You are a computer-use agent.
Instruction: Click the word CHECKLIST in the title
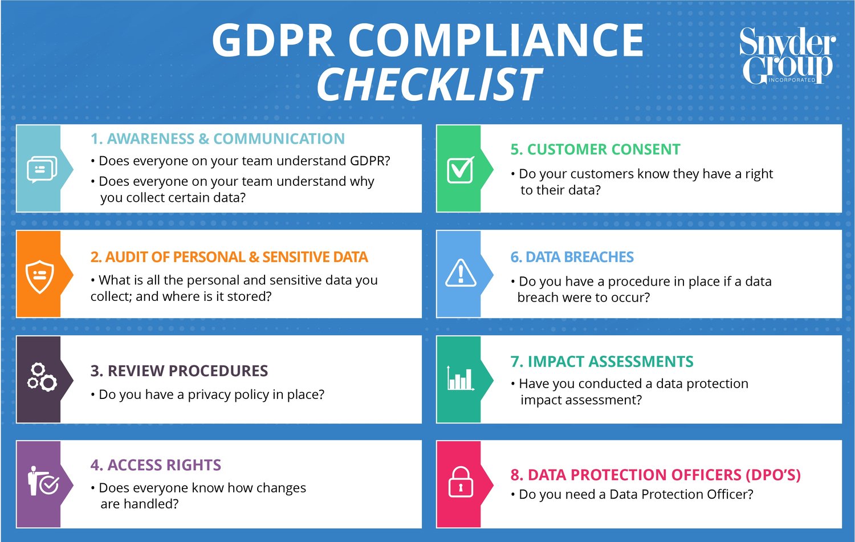point(429,85)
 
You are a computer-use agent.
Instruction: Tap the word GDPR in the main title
point(272,40)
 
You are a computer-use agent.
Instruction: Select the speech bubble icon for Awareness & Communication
point(42,169)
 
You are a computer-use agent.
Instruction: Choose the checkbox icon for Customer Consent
point(460,169)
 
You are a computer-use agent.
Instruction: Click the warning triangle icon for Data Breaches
point(461,273)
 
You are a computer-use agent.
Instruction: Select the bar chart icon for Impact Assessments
point(461,377)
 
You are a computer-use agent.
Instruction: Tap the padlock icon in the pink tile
point(461,482)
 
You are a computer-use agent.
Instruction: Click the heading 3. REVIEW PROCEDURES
point(179,371)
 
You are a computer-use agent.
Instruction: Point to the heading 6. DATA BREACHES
point(572,257)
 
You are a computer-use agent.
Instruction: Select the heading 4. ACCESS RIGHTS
point(156,465)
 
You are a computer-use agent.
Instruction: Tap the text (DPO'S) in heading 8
point(772,475)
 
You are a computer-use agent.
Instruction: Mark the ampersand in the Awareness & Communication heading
point(203,139)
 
